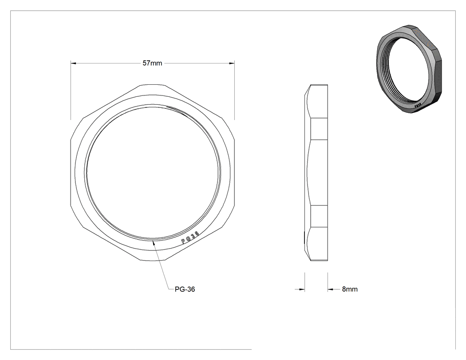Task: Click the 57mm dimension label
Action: coord(152,63)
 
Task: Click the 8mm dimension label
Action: coord(350,289)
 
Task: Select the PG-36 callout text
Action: coord(185,289)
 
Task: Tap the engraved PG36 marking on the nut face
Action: coord(190,238)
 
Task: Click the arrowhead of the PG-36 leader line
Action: coord(154,243)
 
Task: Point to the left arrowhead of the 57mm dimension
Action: coord(74,63)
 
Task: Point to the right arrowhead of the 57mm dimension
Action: coord(231,63)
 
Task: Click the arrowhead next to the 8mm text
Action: coord(331,289)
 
